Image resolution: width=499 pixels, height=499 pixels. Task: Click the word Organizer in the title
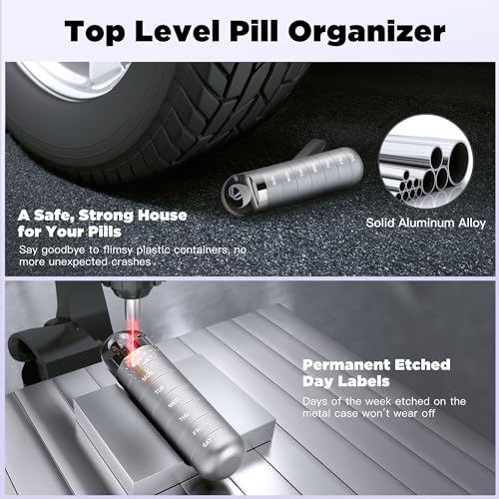[x=366, y=32]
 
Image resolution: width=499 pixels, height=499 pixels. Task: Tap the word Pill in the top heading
[x=253, y=31]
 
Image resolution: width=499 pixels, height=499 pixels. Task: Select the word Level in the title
[x=178, y=31]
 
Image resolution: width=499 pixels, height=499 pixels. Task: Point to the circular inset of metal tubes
[x=426, y=162]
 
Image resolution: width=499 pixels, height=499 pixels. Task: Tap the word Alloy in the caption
[x=472, y=224]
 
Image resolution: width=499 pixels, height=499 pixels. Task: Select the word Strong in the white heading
[x=106, y=217]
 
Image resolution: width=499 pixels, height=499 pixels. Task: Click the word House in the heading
[x=163, y=216]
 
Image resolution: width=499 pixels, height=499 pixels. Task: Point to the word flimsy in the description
[x=118, y=250]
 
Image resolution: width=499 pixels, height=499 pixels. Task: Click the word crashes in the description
[x=131, y=262]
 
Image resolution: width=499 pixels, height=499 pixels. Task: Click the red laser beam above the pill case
[x=133, y=336]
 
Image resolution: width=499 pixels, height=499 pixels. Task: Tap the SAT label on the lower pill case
[x=207, y=443]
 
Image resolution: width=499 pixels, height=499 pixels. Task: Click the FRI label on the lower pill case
[x=197, y=431]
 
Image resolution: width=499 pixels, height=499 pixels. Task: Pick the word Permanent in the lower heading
[x=346, y=365]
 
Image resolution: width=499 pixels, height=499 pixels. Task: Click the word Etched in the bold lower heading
[x=422, y=365]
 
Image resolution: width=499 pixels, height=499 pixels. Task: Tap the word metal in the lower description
[x=317, y=413]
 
